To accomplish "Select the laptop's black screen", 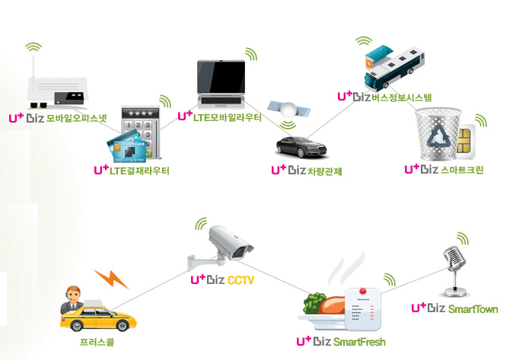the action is pyautogui.click(x=221, y=77).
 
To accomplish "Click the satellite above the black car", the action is pyautogui.click(x=289, y=110).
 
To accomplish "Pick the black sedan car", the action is pyautogui.click(x=301, y=147).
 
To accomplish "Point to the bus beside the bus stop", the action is pyautogui.click(x=394, y=69).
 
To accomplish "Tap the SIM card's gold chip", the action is pyautogui.click(x=464, y=141).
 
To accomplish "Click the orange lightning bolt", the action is pyautogui.click(x=111, y=279).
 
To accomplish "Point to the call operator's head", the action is pyautogui.click(x=73, y=293).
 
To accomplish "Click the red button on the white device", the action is pyautogui.click(x=363, y=291).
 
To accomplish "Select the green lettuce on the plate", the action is pyautogui.click(x=314, y=302).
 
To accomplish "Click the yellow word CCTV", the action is pyautogui.click(x=240, y=280).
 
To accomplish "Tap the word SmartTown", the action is pyautogui.click(x=473, y=309).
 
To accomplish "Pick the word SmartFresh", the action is pyautogui.click(x=359, y=342).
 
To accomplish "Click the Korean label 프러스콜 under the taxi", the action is pyautogui.click(x=97, y=342).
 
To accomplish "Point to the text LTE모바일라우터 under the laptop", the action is pyautogui.click(x=227, y=117).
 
